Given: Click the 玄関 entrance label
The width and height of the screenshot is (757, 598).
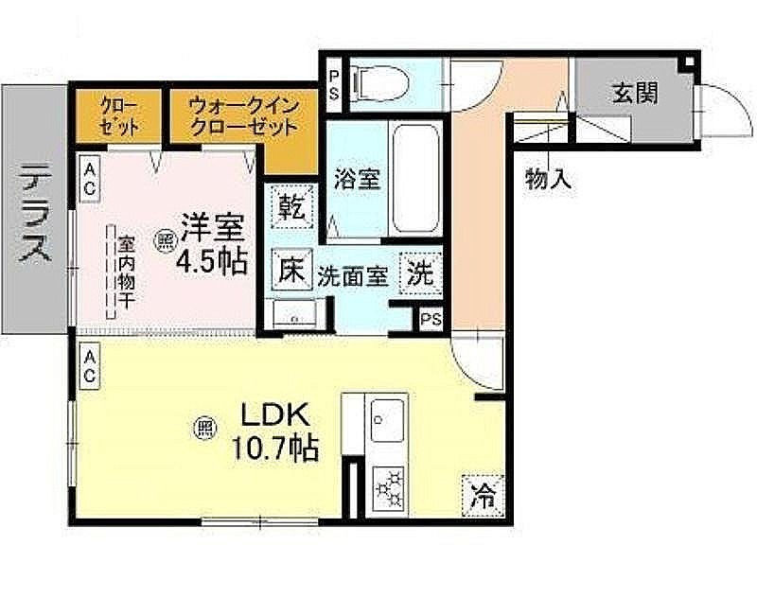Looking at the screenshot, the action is [635, 92].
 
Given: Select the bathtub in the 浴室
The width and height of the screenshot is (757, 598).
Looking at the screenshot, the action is [416, 178].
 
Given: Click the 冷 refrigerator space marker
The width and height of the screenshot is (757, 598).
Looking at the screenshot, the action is [483, 495].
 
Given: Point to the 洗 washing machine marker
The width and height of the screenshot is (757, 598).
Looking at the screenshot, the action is [420, 274].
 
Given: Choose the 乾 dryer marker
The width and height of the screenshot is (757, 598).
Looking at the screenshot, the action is [292, 206].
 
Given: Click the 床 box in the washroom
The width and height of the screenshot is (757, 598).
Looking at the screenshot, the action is [292, 270].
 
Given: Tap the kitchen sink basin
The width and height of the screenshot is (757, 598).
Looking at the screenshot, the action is [387, 421].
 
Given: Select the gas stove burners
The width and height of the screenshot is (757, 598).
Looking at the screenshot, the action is [389, 488].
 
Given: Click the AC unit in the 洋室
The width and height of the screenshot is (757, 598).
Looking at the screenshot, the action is [89, 178].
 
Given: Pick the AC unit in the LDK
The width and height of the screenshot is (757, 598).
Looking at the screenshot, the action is [89, 366].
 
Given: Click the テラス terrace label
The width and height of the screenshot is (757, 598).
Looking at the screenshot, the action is [35, 211].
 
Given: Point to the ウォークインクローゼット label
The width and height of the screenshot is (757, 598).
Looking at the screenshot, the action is [244, 116].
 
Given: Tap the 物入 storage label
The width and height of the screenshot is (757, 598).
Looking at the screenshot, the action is [549, 179].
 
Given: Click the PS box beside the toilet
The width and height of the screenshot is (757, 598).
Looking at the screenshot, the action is [334, 85].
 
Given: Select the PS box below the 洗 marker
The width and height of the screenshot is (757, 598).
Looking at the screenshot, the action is [431, 319].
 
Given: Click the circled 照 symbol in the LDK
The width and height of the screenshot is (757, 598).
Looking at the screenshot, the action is [204, 428].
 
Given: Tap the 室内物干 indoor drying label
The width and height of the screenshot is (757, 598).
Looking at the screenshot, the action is [126, 273].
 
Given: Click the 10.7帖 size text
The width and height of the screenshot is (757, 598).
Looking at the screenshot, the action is [275, 448].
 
